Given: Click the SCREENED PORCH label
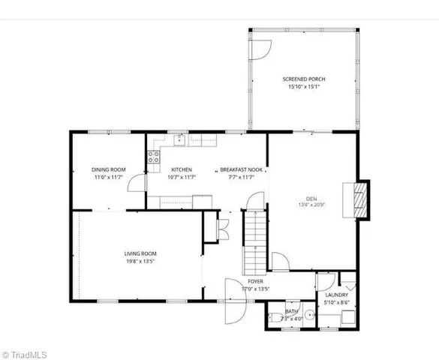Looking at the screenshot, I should click(x=304, y=79).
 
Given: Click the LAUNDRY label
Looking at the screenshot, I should click(x=335, y=295).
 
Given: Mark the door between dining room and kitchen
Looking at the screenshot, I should click(x=137, y=184).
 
